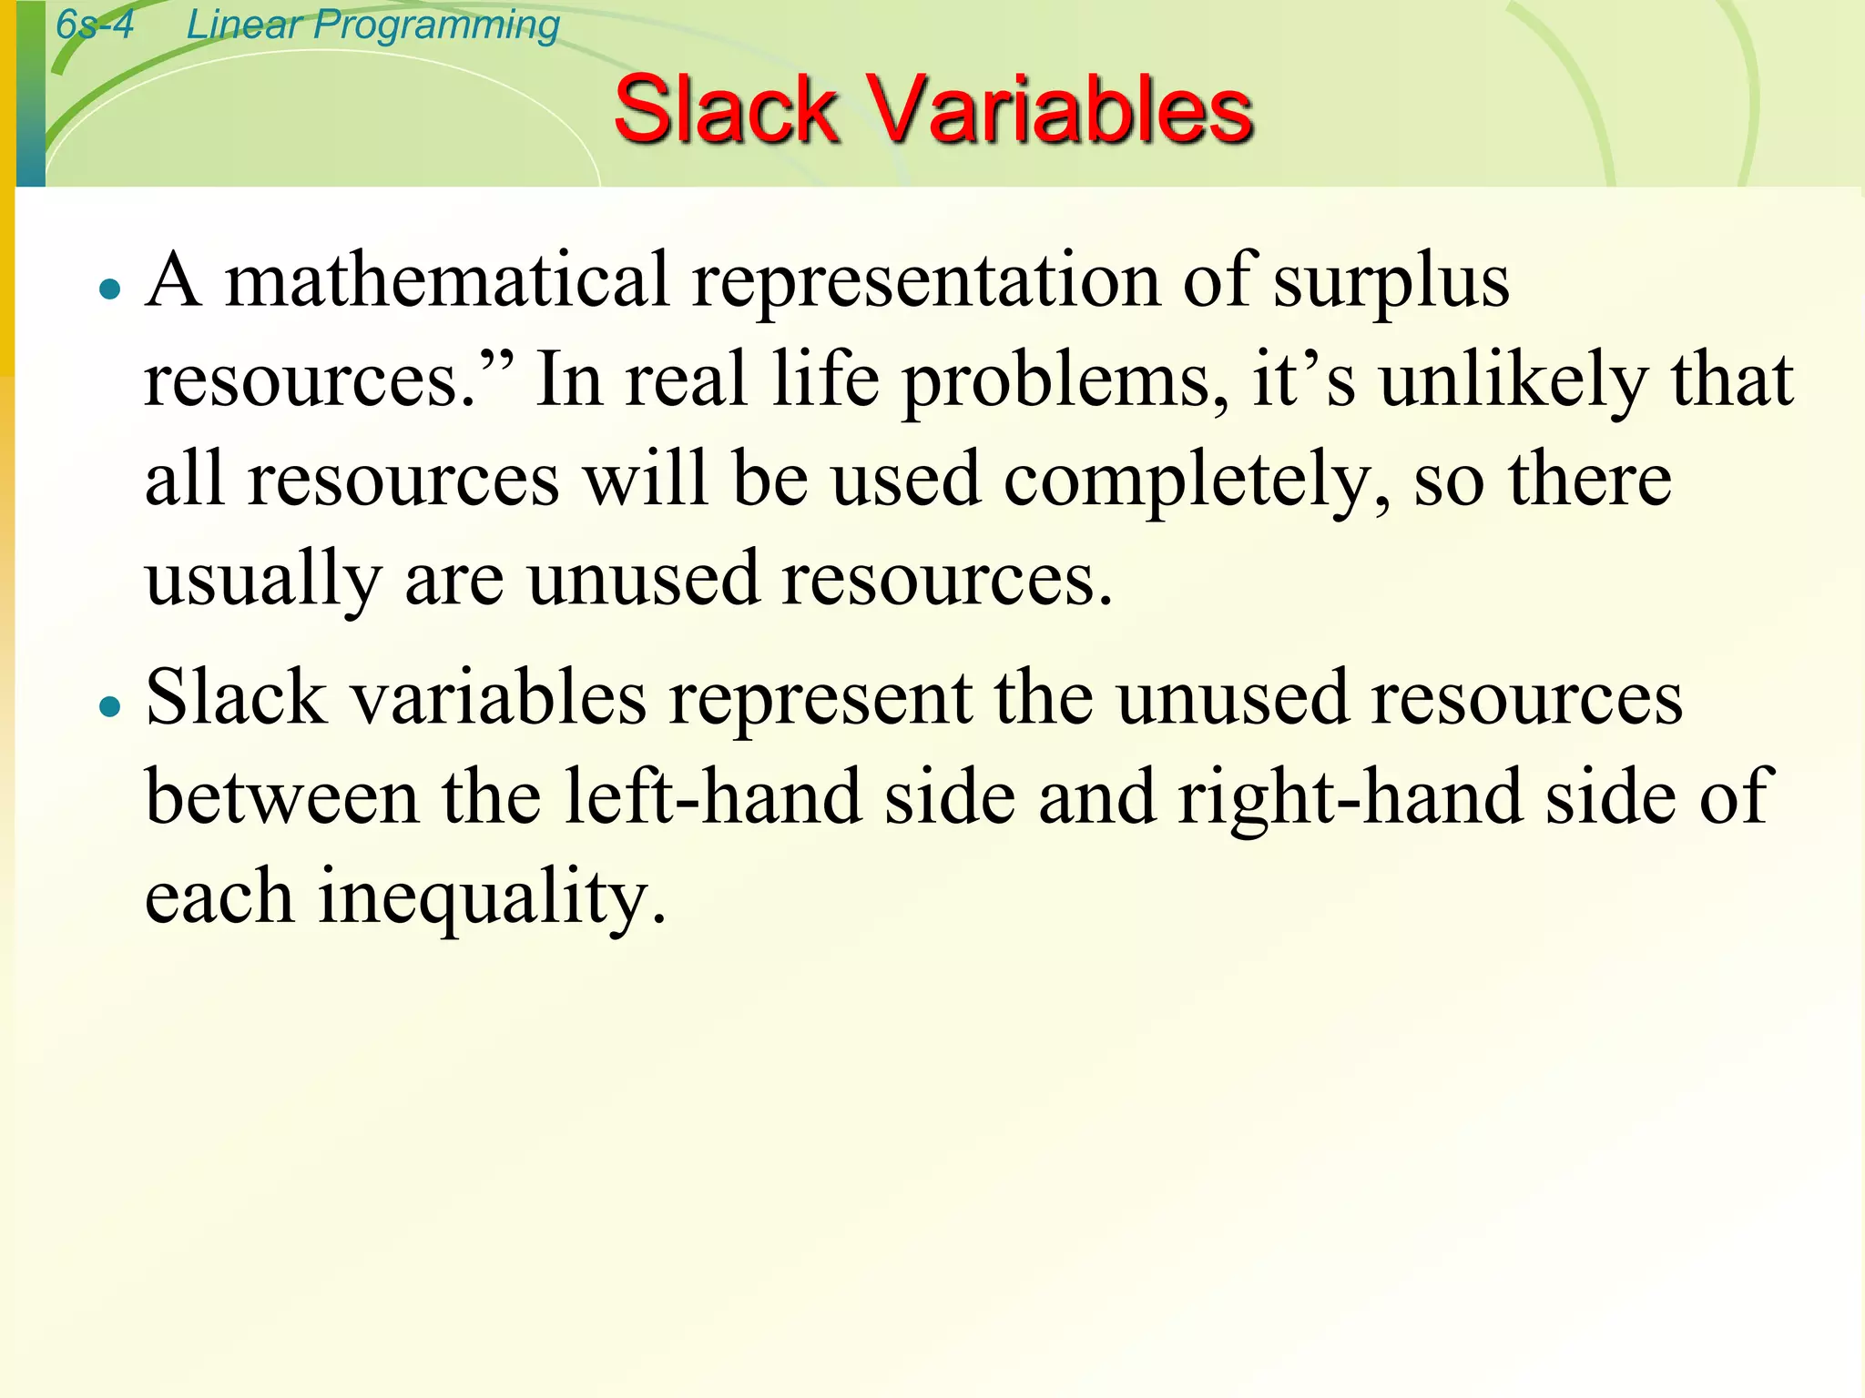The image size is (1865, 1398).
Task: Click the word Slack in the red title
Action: coord(725,110)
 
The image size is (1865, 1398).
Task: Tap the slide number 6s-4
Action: coord(95,25)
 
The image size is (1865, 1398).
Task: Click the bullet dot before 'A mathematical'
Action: coord(110,289)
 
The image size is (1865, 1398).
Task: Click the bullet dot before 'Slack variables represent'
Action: coord(110,706)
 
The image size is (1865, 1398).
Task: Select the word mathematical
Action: coord(447,279)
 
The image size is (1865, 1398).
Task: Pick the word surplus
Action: coord(1391,279)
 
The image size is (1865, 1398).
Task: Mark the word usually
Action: coord(263,580)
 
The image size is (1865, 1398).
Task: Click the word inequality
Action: coord(493,897)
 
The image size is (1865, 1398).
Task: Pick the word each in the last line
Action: coord(219,896)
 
